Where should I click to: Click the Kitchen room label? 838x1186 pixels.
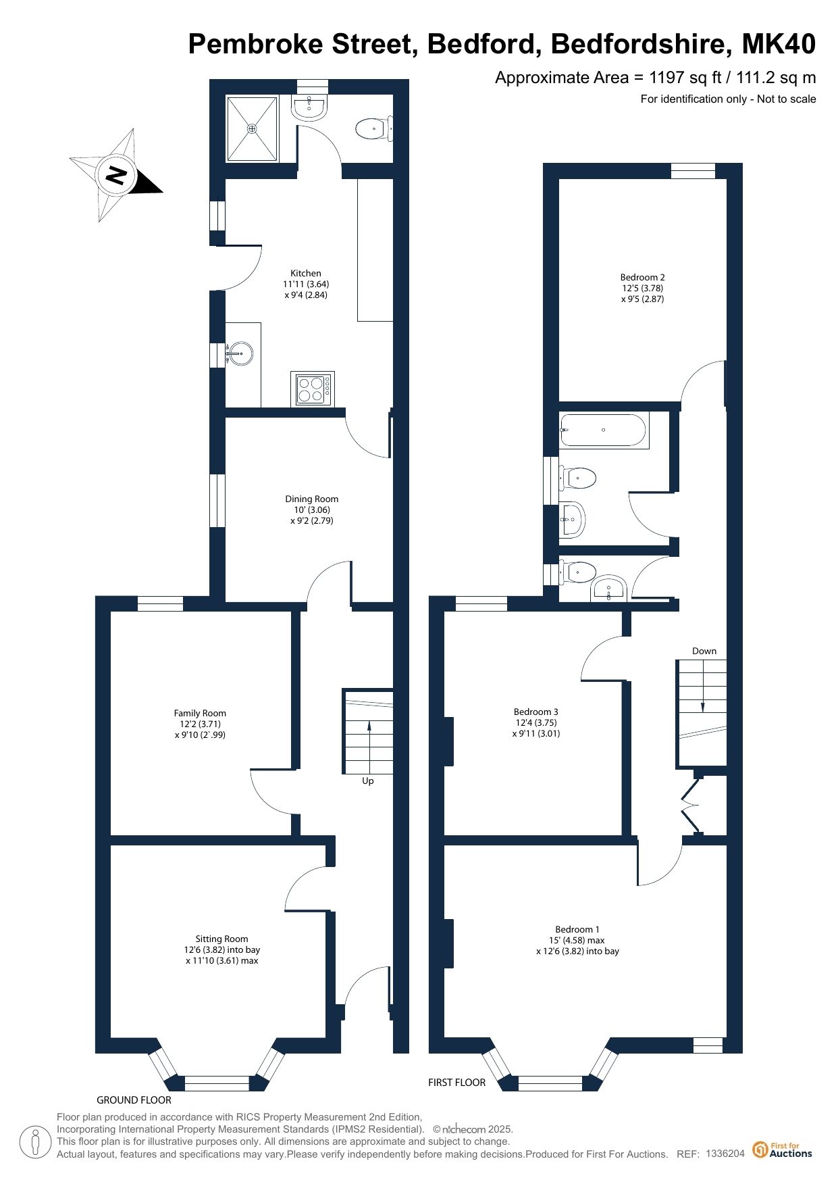click(x=306, y=273)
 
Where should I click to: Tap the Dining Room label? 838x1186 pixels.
click(x=312, y=499)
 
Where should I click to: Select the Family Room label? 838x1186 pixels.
click(x=200, y=713)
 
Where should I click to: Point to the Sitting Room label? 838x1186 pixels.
click(x=221, y=939)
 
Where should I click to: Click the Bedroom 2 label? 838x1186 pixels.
click(x=643, y=277)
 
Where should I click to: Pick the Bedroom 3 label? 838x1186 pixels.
click(x=536, y=712)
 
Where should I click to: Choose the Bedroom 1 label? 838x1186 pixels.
click(x=577, y=929)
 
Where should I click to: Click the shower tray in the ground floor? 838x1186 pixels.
click(x=252, y=128)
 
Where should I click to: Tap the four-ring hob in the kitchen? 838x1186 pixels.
click(x=313, y=389)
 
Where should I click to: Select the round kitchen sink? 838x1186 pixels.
click(x=240, y=353)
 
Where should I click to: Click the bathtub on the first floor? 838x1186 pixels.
click(x=604, y=430)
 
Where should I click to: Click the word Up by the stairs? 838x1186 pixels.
click(x=368, y=781)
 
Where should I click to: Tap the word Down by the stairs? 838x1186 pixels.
click(x=704, y=651)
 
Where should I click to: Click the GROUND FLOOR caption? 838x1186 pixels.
click(x=134, y=1099)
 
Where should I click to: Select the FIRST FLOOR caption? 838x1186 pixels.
click(x=456, y=1082)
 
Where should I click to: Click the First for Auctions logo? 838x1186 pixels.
click(x=783, y=1149)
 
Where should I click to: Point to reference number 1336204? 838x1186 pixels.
click(x=725, y=1154)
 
